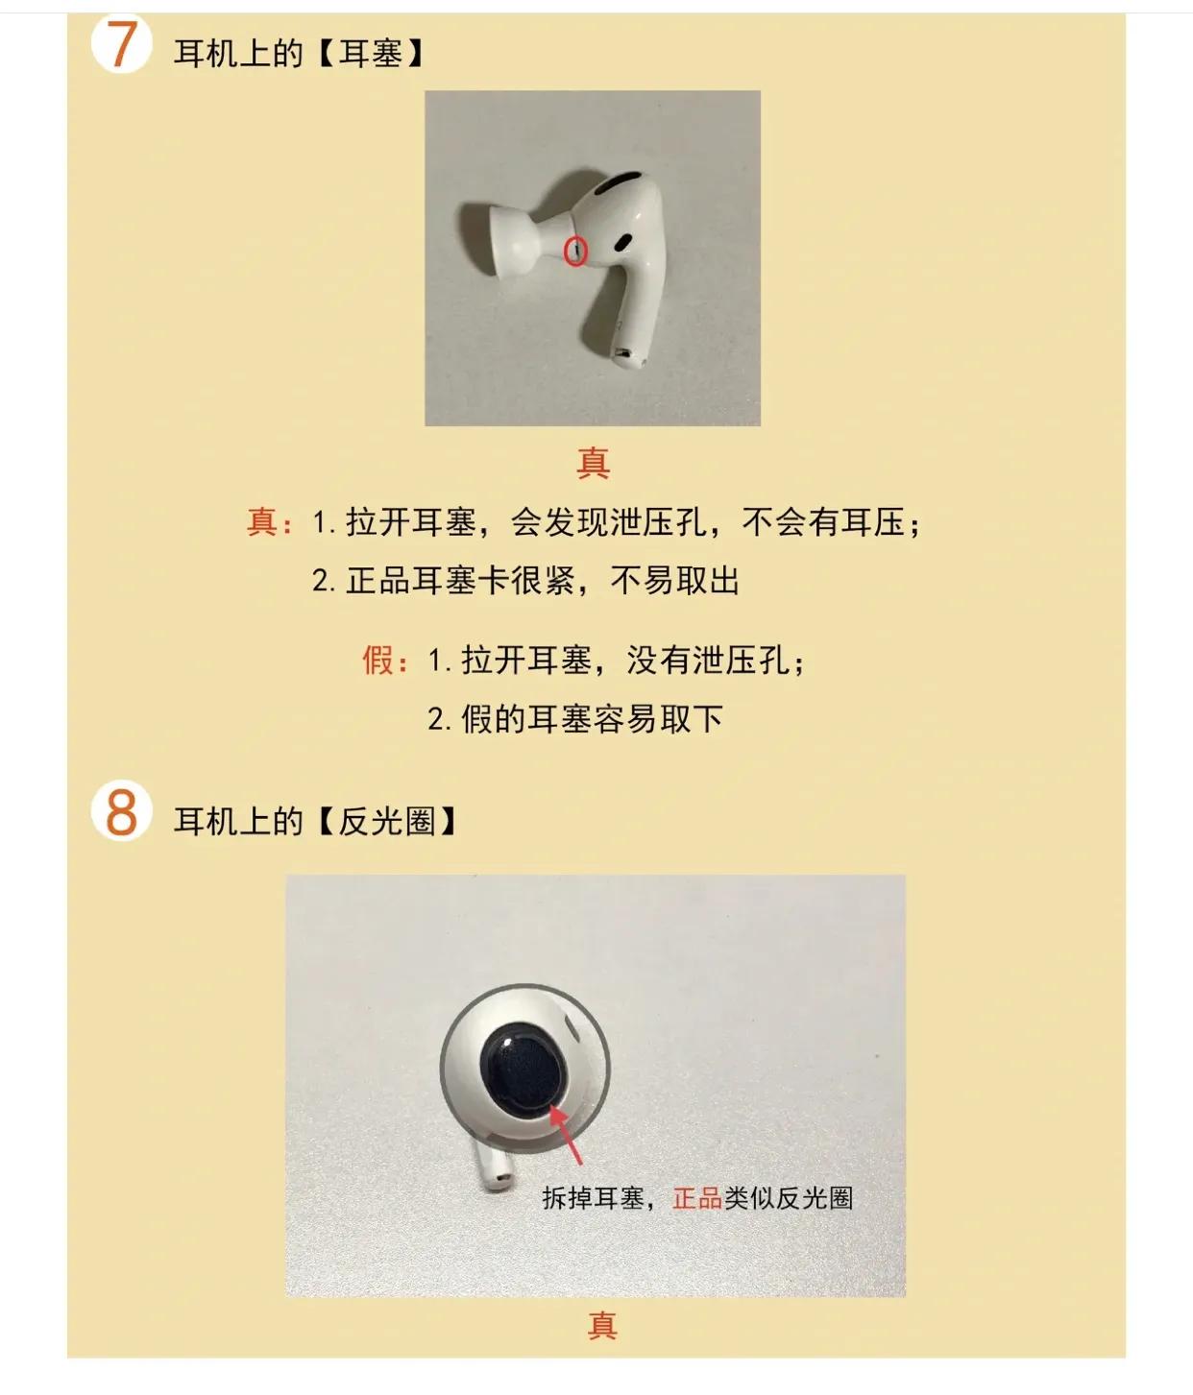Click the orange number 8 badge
[121, 812]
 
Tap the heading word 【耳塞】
[370, 53]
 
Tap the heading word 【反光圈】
[387, 822]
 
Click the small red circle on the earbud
[574, 251]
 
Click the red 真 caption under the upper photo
[593, 463]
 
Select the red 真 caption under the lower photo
[601, 1326]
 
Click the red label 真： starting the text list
[269, 523]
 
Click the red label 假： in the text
[385, 661]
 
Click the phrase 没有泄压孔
[709, 661]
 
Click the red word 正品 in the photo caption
[696, 1198]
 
